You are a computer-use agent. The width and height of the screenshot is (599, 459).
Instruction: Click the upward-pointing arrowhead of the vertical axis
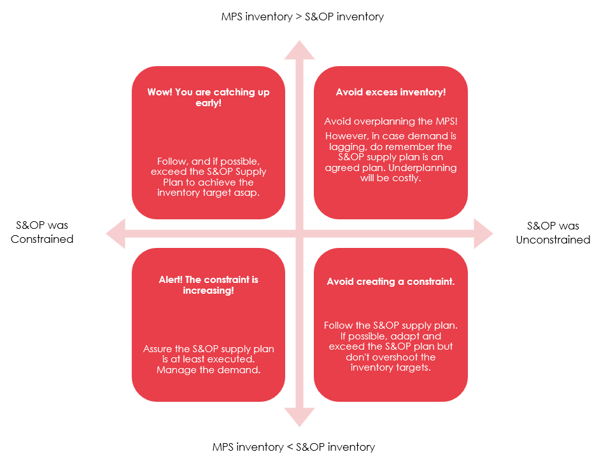coord(300,50)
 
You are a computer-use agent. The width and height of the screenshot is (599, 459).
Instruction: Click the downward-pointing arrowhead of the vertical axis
coord(300,417)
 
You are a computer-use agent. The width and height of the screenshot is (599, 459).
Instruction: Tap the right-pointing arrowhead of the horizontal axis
coord(484,233)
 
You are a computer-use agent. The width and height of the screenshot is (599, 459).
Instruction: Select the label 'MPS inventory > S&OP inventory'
coord(302,17)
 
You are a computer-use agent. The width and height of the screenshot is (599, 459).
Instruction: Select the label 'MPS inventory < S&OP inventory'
coord(293,446)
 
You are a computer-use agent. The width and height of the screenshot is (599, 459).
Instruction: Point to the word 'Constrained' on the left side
coord(42,239)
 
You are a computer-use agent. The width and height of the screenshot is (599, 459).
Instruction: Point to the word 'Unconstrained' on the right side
coord(553,240)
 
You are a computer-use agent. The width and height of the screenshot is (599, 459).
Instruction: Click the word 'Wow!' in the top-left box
coord(159,92)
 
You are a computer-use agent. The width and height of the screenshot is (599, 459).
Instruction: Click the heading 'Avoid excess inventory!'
coord(391,92)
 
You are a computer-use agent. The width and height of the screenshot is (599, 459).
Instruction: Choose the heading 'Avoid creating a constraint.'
coord(391,282)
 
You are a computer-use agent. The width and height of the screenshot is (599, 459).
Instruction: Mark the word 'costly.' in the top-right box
coord(406,179)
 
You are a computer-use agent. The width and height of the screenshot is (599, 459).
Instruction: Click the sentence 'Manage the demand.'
coord(209,370)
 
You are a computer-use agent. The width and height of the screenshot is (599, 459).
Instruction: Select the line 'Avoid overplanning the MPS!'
coord(391,121)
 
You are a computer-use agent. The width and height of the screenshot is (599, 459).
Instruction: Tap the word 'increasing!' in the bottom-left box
coord(208,291)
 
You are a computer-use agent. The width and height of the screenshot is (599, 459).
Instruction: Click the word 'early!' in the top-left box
coord(208,103)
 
